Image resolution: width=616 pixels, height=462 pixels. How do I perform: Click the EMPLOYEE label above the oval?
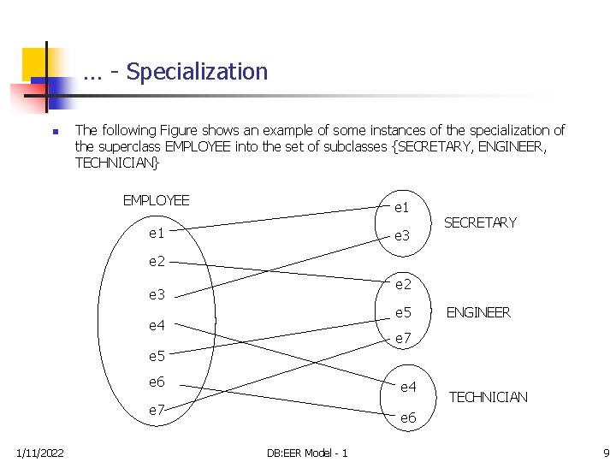[156, 201]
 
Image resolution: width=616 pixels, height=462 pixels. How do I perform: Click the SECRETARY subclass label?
[480, 222]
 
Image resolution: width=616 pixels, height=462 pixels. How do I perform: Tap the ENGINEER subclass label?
[478, 312]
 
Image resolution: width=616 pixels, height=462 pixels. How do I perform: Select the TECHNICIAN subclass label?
[489, 397]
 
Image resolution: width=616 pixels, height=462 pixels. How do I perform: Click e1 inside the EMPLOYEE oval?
[157, 233]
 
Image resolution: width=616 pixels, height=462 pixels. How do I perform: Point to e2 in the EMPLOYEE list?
[157, 262]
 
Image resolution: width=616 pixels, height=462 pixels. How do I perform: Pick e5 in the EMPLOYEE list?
[157, 355]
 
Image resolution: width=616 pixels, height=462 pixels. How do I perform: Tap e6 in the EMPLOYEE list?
[157, 382]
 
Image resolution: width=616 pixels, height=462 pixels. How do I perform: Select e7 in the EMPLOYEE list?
[157, 411]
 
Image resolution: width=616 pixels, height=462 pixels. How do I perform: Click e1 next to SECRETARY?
[401, 207]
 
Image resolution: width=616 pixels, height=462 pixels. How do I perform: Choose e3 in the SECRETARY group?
[402, 236]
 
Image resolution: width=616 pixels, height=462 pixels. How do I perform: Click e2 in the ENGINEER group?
[403, 284]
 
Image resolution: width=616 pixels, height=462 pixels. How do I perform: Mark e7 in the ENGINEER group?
[403, 340]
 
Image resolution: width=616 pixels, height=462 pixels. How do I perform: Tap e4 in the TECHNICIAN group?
[408, 387]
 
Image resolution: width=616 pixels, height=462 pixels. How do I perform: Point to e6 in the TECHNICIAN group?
[408, 418]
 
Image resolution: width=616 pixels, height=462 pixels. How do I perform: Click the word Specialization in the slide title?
[197, 72]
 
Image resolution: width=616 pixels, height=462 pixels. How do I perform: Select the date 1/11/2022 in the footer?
[38, 452]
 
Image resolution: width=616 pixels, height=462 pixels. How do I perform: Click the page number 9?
[606, 452]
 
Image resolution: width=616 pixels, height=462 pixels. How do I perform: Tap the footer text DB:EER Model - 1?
[306, 452]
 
